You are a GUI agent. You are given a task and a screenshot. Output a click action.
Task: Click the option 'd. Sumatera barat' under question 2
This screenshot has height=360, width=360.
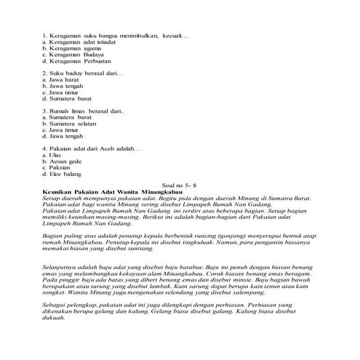click(x=65, y=100)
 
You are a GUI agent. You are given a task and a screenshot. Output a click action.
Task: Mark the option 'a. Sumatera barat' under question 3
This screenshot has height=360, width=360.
click(x=65, y=116)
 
